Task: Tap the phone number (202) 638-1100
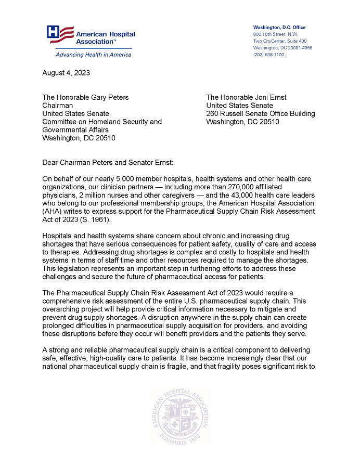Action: click(268, 55)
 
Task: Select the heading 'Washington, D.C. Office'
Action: click(279, 27)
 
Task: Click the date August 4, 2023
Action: click(66, 73)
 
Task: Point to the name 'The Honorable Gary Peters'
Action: click(85, 97)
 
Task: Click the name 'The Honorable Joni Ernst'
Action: click(246, 97)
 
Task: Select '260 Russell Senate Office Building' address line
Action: click(260, 113)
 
